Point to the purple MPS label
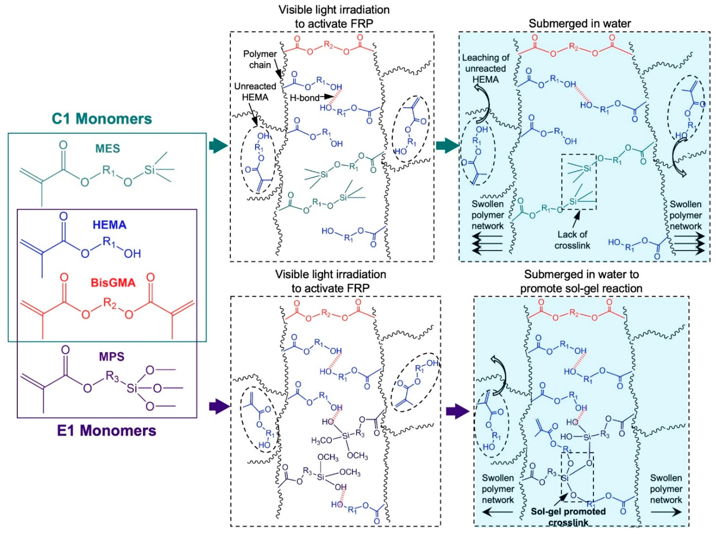112,357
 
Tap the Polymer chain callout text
260,59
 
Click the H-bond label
304,98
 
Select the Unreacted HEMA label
255,91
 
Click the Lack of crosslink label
572,239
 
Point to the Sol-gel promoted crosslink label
568,516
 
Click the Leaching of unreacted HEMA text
485,68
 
